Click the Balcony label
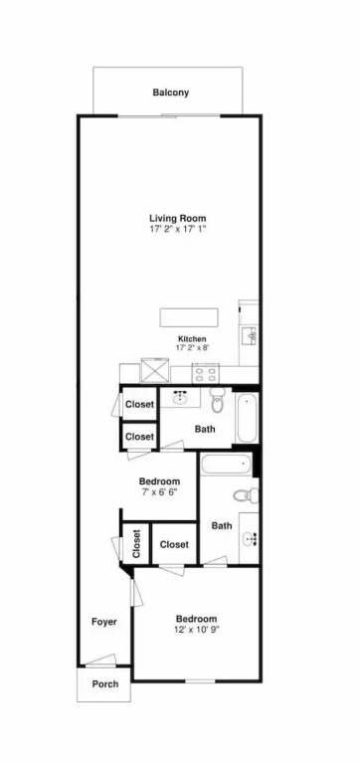click(x=170, y=93)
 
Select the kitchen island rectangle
click(x=189, y=317)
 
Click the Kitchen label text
click(x=192, y=338)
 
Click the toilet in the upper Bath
click(x=217, y=401)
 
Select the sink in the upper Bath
click(x=180, y=397)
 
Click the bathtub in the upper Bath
click(x=246, y=418)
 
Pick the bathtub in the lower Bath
click(x=226, y=465)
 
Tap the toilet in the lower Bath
click(x=246, y=496)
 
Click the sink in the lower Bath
click(x=250, y=539)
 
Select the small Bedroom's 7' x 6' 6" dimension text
click(x=158, y=491)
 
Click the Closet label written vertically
click(x=136, y=544)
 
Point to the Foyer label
click(x=104, y=622)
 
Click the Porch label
click(x=105, y=684)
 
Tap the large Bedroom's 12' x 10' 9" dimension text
click(x=196, y=629)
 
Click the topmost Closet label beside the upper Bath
click(x=140, y=405)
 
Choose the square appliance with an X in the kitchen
click(x=155, y=370)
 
